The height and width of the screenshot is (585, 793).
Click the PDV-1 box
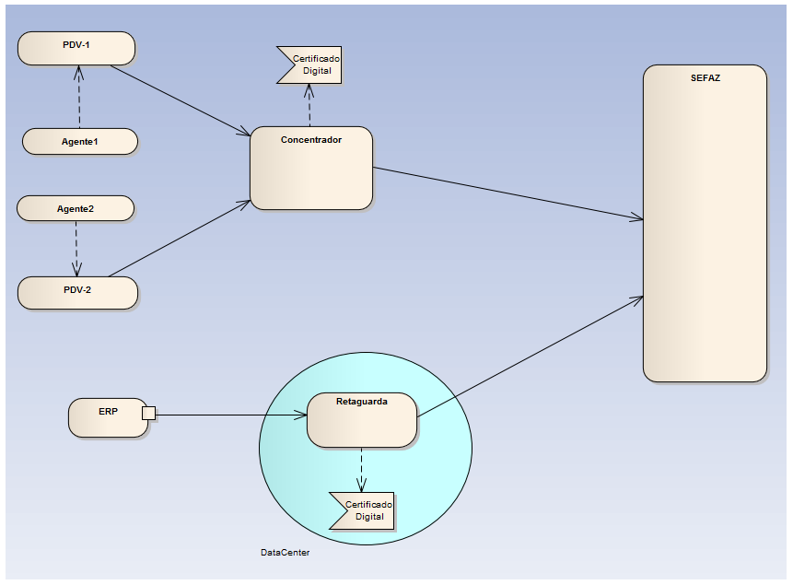(76, 48)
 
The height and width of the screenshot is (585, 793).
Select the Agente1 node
(79, 142)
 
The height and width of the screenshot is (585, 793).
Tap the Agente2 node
(76, 209)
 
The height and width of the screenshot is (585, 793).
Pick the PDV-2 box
(77, 291)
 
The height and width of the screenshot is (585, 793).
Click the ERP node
(106, 417)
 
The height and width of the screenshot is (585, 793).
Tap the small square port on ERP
(148, 413)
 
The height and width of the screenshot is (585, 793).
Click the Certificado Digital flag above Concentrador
(310, 64)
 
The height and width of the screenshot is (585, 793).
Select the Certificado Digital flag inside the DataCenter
(363, 510)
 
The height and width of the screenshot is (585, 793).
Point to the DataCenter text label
(285, 553)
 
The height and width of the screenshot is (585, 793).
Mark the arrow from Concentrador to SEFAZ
(507, 193)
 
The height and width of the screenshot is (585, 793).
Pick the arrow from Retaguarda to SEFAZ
(530, 357)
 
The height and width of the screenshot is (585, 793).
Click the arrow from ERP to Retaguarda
(230, 415)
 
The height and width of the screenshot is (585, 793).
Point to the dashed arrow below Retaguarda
(361, 470)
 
